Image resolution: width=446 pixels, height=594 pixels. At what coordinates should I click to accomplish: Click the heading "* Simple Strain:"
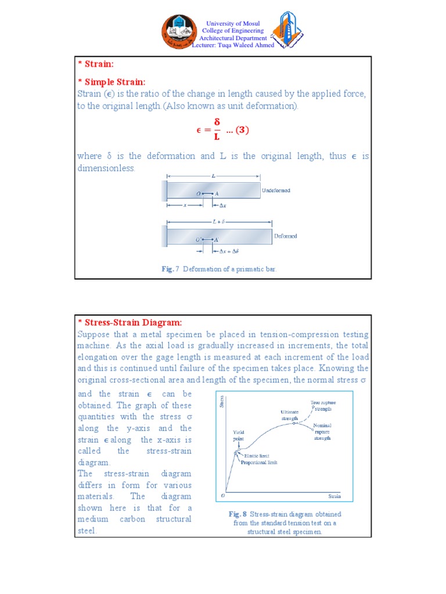point(111,82)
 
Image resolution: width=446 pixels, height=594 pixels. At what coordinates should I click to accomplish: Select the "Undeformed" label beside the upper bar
point(276,190)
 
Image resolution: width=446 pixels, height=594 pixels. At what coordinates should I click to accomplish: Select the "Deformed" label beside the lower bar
point(285,236)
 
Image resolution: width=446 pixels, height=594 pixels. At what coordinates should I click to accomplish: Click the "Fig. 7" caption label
point(171,269)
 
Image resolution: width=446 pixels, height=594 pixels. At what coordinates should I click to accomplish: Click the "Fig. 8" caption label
point(238,514)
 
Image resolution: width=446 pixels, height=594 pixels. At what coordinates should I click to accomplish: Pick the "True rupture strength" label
point(323,405)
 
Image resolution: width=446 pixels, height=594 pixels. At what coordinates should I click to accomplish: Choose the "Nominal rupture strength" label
point(322,432)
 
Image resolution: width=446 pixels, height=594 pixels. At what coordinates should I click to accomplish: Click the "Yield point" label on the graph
point(239,436)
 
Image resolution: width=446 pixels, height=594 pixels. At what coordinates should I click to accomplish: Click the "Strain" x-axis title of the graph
point(334,497)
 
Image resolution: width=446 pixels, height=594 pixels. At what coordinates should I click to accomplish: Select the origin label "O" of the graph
point(222,497)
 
